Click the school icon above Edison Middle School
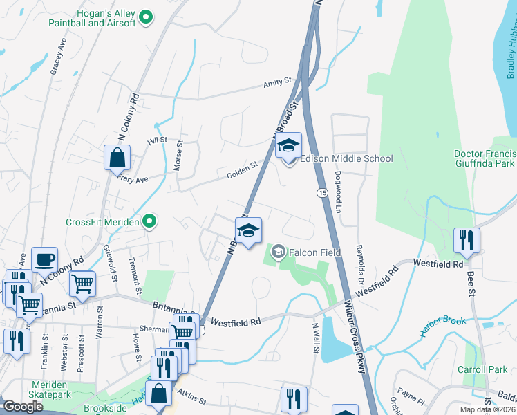point(289,146)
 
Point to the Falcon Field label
point(314,252)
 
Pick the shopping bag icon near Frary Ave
point(117,158)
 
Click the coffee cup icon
point(45,260)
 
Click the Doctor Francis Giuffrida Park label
point(485,159)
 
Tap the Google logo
point(23,407)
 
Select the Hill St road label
point(158,140)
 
